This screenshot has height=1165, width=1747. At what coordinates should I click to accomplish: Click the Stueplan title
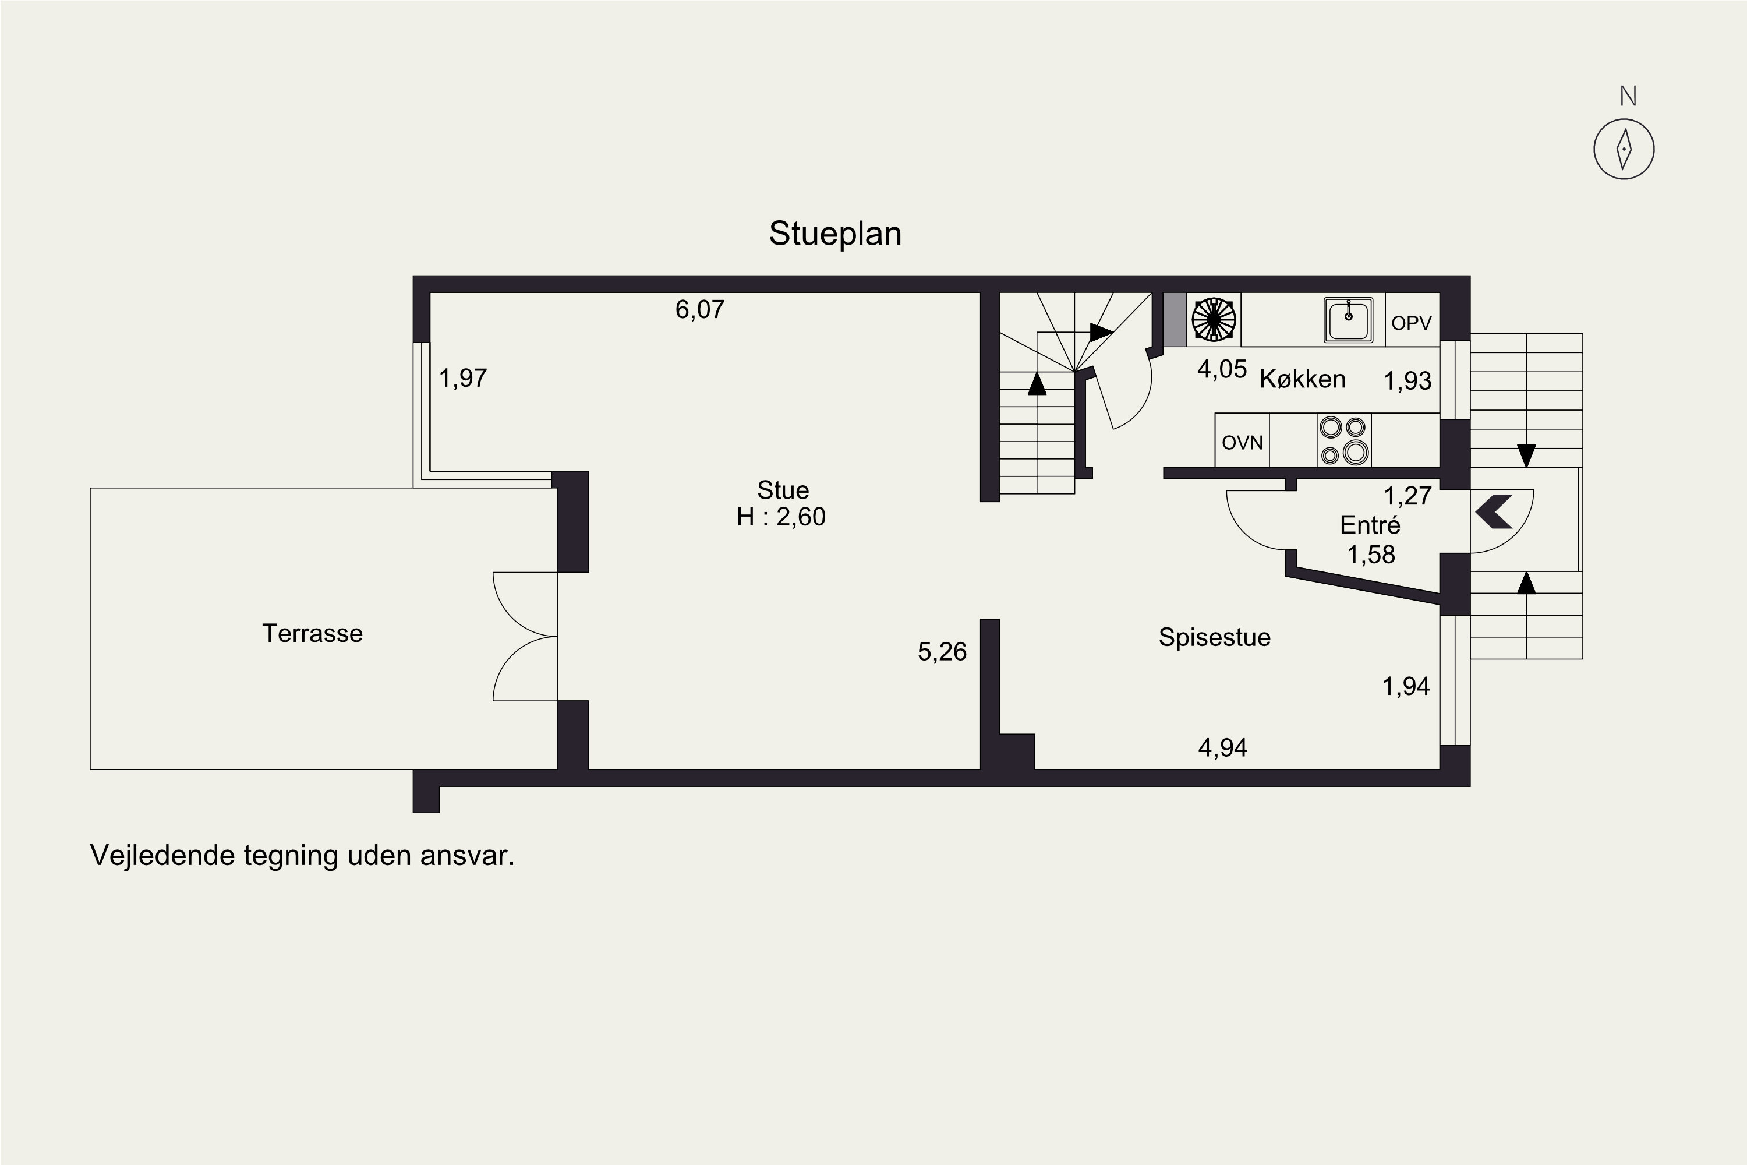[835, 234]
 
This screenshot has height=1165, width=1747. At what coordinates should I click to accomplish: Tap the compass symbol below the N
[1624, 149]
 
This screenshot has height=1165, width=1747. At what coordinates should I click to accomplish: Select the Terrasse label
[313, 633]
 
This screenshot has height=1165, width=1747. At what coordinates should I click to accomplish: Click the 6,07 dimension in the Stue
[700, 309]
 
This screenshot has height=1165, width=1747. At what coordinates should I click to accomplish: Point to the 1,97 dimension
[463, 378]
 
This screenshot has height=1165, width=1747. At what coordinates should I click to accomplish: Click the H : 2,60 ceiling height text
[781, 516]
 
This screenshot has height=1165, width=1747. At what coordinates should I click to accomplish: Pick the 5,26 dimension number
[942, 652]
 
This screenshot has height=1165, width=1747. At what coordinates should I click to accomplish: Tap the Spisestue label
[1214, 637]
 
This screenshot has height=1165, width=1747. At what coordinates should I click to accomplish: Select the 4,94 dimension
[1222, 747]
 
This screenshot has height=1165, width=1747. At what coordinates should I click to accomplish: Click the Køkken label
[1302, 379]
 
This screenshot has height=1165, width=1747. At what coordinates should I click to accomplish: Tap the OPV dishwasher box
[1411, 323]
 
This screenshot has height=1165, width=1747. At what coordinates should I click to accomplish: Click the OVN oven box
[1242, 443]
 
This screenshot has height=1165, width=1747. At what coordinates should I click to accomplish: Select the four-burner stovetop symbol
[1343, 440]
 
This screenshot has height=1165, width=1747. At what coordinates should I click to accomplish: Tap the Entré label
[1370, 525]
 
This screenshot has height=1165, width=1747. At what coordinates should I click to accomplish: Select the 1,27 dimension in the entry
[1407, 496]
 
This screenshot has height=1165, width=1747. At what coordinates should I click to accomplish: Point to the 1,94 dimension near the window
[1405, 686]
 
